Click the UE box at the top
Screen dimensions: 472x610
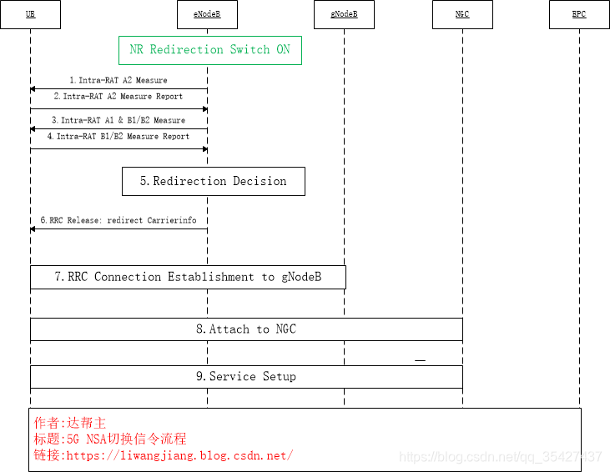[30, 14]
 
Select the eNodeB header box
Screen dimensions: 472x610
[208, 14]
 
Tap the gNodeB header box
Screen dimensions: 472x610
[345, 14]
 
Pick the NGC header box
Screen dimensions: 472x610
[462, 14]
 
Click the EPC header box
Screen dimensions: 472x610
[579, 14]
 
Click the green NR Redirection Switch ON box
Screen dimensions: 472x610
[209, 50]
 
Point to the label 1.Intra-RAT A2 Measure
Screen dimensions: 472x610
[118, 81]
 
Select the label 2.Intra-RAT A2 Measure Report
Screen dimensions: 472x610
[118, 97]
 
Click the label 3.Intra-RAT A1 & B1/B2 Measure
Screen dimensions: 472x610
[118, 121]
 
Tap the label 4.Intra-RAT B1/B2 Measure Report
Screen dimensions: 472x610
[118, 136]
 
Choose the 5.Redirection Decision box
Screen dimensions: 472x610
[213, 181]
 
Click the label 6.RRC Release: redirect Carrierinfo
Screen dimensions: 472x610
[118, 221]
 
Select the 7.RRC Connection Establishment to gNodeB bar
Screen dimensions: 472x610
[188, 277]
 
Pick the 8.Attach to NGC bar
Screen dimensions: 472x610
[246, 329]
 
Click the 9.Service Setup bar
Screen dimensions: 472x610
[246, 377]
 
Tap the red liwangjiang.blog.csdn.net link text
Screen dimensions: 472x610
[179, 455]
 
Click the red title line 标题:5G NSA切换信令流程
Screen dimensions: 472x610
[109, 439]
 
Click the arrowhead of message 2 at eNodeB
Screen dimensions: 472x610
[204, 109]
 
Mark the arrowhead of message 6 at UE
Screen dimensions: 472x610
[33, 228]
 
